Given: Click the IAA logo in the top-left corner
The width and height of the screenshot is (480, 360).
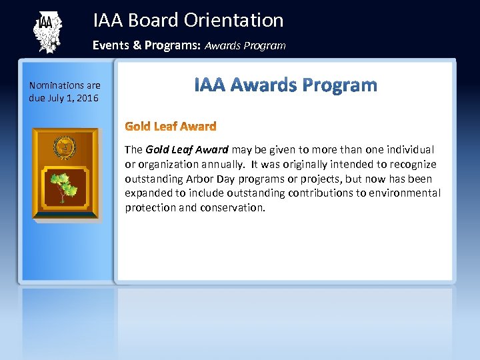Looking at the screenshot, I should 47,31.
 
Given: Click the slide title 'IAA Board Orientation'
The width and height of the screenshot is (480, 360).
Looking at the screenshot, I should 188,20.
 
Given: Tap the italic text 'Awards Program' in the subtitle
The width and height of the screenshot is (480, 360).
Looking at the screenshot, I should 245,46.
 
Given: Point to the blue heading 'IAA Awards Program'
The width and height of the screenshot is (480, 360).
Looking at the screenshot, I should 285,85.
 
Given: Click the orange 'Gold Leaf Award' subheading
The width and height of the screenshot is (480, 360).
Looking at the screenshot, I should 171,126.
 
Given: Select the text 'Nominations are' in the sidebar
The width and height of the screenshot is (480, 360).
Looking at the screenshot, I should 65,85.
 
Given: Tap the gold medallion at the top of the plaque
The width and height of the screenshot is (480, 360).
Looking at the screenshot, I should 65,145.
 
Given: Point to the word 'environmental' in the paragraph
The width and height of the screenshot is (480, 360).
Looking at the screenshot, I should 407,193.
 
